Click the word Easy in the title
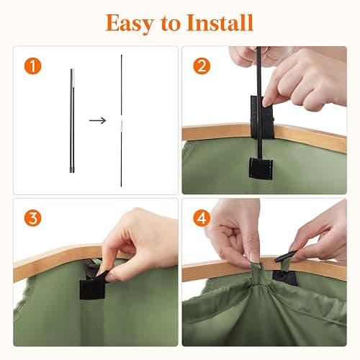tap(130, 23)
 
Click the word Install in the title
tap(220, 22)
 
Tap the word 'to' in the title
tap(170, 24)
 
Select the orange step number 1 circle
tap(32, 66)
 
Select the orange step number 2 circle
tap(202, 66)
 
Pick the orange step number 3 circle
tap(32, 218)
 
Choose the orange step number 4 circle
tap(202, 218)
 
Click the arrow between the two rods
tap(98, 120)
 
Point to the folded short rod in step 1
tap(72, 120)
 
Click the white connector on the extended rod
tap(122, 125)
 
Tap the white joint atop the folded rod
tap(73, 78)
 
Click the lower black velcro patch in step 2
tap(261, 168)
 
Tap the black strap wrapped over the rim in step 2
tap(262, 117)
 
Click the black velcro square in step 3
tap(92, 289)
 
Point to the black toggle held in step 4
tap(286, 256)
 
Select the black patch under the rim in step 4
tap(284, 278)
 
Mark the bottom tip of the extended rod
tap(121, 186)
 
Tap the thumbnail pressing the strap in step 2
tap(266, 103)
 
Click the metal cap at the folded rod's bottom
tap(72, 170)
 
